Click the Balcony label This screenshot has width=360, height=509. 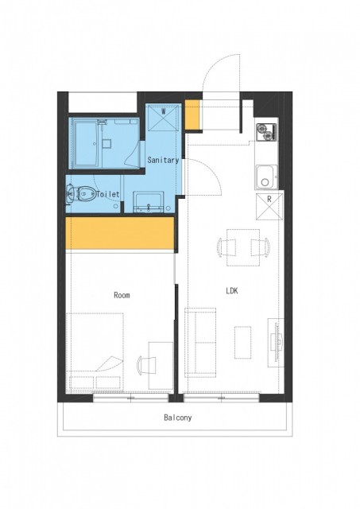[x=177, y=418]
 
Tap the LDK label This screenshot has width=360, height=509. [x=232, y=290]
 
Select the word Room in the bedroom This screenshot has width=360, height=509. [x=122, y=295]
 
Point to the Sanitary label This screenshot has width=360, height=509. [x=163, y=160]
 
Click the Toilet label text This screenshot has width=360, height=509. [x=108, y=194]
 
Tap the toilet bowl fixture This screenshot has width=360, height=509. [x=83, y=194]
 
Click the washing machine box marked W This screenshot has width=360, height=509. [x=163, y=119]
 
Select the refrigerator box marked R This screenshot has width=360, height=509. [x=269, y=206]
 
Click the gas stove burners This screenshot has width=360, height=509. [x=265, y=133]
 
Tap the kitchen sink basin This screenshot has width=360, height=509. [x=266, y=177]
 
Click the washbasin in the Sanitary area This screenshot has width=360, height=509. [x=149, y=201]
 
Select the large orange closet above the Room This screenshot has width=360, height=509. [x=120, y=233]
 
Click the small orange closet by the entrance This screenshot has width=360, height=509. [x=192, y=115]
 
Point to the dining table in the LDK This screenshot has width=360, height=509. [x=243, y=247]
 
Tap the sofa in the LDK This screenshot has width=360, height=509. [x=200, y=343]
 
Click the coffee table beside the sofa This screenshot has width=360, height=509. [x=243, y=343]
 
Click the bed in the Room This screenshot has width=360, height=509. [x=95, y=352]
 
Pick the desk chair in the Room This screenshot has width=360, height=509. [x=146, y=365]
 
